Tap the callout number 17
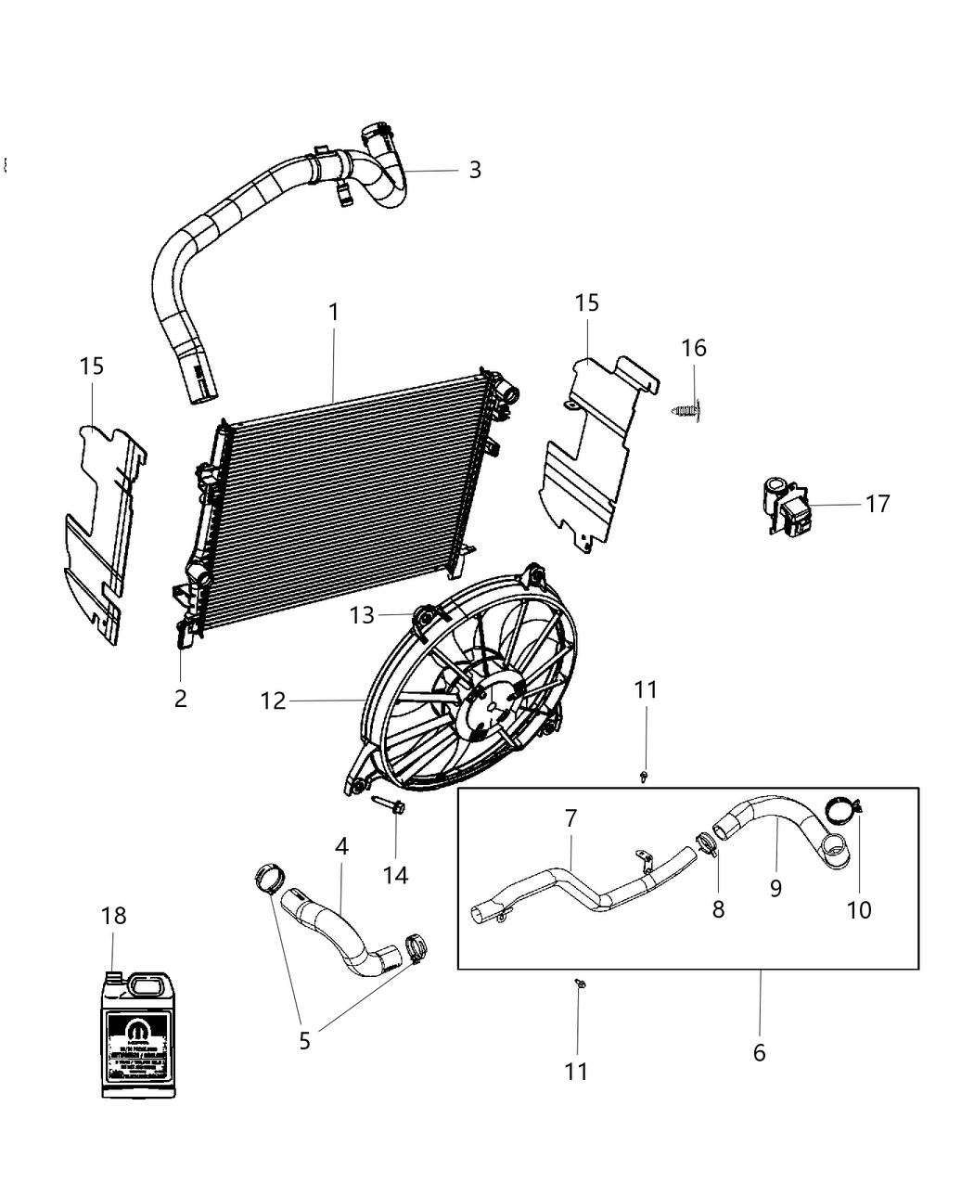(x=877, y=504)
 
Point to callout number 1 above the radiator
(x=333, y=312)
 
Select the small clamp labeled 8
(x=708, y=845)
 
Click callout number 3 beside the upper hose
(x=475, y=170)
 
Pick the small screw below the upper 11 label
(x=644, y=774)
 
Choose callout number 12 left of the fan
(x=273, y=701)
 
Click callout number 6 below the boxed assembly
(x=759, y=1053)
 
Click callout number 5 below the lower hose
(x=304, y=1041)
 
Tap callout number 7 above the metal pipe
(x=570, y=818)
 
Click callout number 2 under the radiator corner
(x=180, y=698)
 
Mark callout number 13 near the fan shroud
(x=362, y=615)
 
